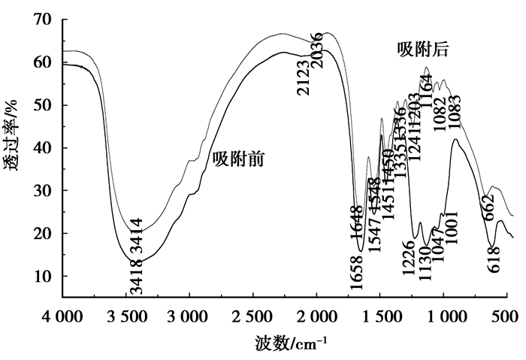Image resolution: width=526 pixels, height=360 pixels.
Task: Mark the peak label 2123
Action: pyautogui.click(x=303, y=77)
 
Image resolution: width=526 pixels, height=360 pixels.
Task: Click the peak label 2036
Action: pyautogui.click(x=318, y=51)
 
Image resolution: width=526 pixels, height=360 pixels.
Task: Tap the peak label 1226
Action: pyautogui.click(x=410, y=258)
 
